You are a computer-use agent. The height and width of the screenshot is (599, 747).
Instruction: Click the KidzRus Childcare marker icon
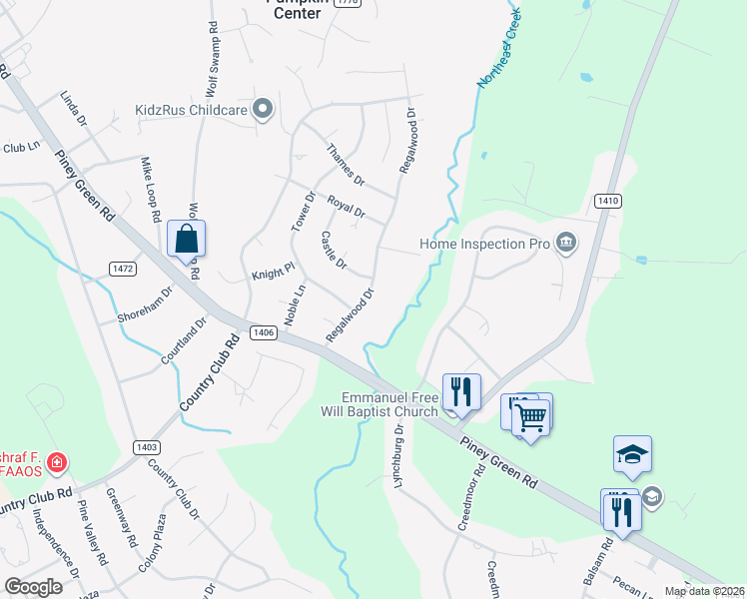263,110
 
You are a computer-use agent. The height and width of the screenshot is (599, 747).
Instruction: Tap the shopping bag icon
187,239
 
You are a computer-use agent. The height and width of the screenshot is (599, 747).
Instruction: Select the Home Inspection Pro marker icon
566,243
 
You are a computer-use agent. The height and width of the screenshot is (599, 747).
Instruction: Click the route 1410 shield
607,201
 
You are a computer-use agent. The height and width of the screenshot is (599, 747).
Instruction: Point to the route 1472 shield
122,269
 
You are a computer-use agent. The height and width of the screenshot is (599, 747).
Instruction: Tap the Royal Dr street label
347,207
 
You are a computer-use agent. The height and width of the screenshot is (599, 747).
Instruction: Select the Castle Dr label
334,251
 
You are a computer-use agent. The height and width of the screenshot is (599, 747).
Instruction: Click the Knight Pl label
273,272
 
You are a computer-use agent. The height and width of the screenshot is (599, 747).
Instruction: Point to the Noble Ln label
295,304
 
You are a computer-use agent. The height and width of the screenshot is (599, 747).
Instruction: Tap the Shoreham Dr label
145,304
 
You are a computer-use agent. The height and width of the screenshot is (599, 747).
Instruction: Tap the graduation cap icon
632,454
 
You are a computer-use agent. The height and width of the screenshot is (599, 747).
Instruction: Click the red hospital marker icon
58,463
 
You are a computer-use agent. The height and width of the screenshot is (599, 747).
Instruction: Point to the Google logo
33,586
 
